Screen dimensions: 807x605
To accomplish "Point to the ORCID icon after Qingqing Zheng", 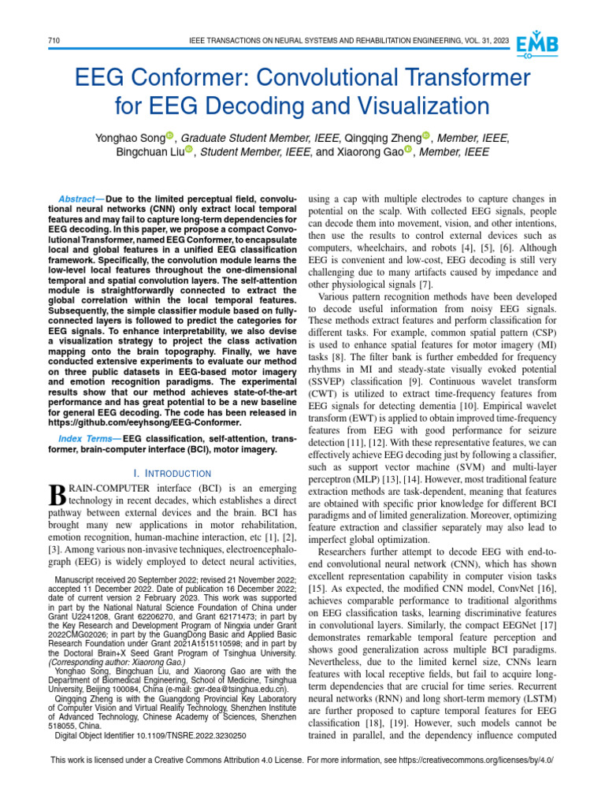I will tap(427, 137).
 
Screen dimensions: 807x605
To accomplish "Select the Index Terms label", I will tap(85, 438).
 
